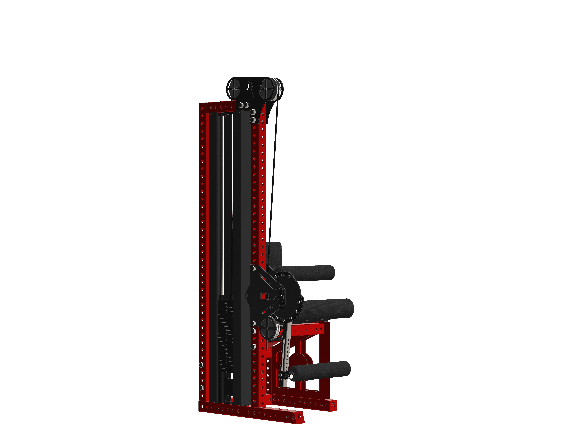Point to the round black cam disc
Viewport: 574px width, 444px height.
point(289,295)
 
